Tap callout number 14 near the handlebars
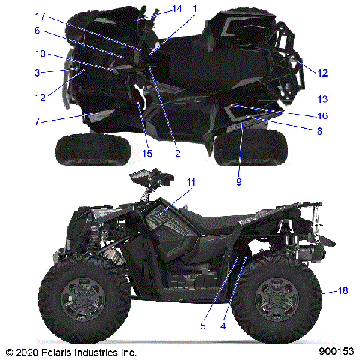[x=176, y=9]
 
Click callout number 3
[x=37, y=72]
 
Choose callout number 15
[x=146, y=154]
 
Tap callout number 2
[x=178, y=154]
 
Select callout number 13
[x=322, y=99]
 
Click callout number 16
[x=322, y=115]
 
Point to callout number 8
[x=320, y=130]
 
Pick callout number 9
[x=239, y=181]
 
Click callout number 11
[x=191, y=182]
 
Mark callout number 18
[x=323, y=291]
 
